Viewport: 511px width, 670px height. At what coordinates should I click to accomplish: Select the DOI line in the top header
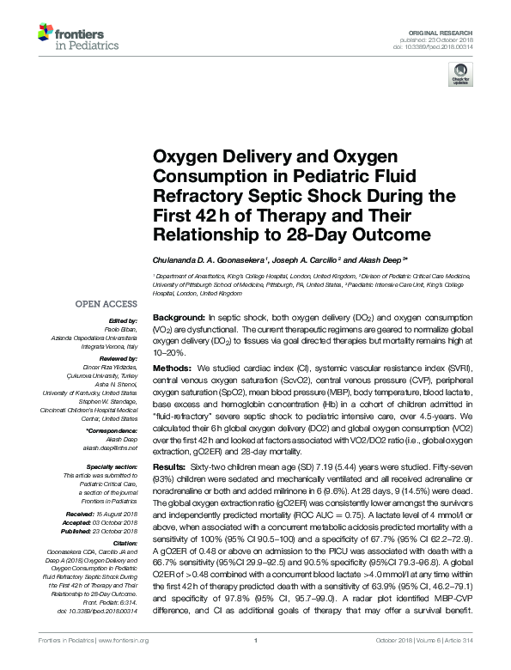pyautogui.click(x=448, y=46)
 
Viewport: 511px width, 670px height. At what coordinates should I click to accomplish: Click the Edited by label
pyautogui.click(x=125, y=320)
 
